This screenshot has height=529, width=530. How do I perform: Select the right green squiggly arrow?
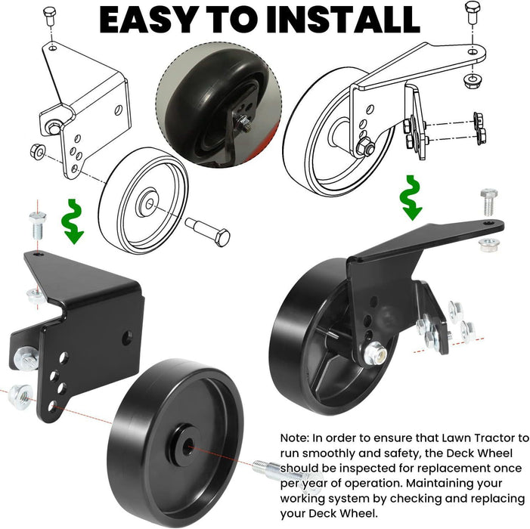pyautogui.click(x=411, y=198)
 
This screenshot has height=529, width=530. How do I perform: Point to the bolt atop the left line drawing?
pyautogui.click(x=50, y=14)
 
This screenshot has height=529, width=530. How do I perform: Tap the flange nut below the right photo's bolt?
pyautogui.click(x=489, y=245)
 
